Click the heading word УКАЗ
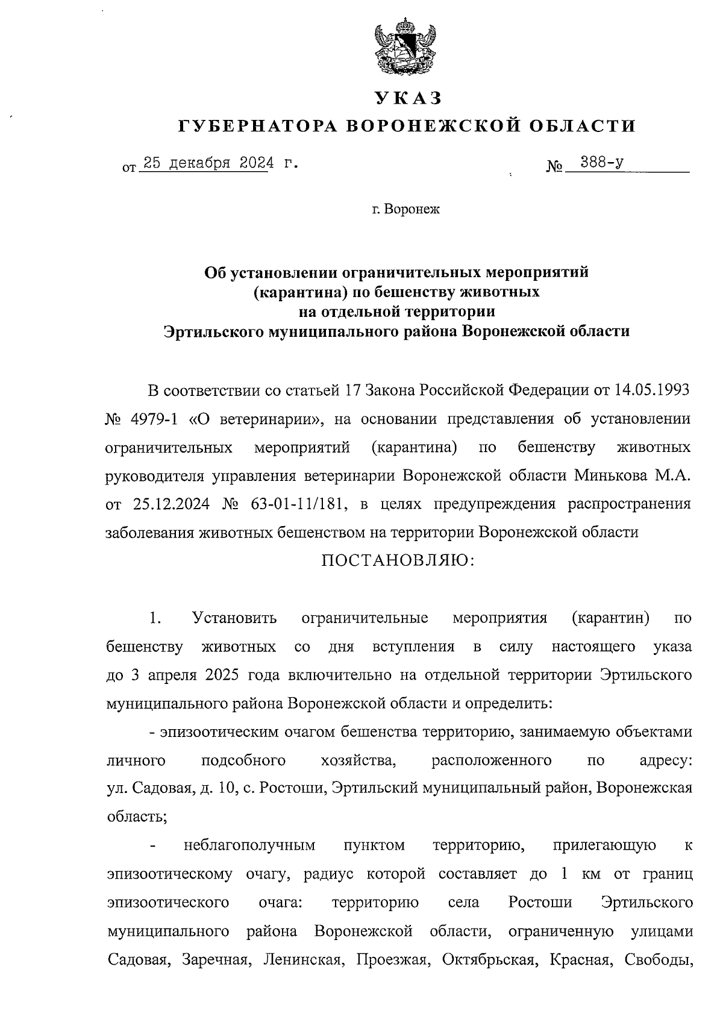[407, 98]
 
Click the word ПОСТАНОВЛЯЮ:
[398, 562]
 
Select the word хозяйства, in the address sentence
[358, 760]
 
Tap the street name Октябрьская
[489, 959]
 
